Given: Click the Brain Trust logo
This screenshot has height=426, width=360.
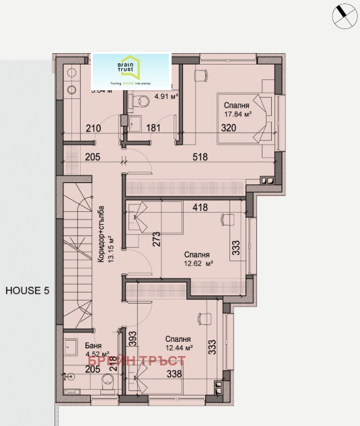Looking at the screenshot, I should (131, 70).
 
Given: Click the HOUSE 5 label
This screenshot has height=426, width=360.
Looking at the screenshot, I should (28, 291).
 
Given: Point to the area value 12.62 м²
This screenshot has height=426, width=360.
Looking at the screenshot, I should (199, 264).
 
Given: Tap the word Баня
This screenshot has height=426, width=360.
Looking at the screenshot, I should (74, 347).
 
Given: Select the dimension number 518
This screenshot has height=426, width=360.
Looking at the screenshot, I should (199, 157).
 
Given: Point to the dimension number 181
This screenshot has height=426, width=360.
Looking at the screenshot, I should (154, 129).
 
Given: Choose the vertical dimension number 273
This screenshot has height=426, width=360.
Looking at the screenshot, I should (156, 240).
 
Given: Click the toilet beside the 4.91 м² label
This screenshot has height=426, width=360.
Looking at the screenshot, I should (140, 102).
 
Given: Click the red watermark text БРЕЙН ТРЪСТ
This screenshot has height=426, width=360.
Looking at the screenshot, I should (137, 362).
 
